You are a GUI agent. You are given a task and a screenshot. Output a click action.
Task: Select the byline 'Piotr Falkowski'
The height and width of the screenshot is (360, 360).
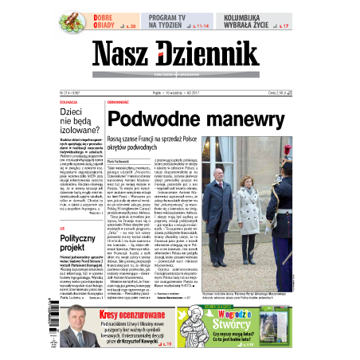(x=119, y=158)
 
